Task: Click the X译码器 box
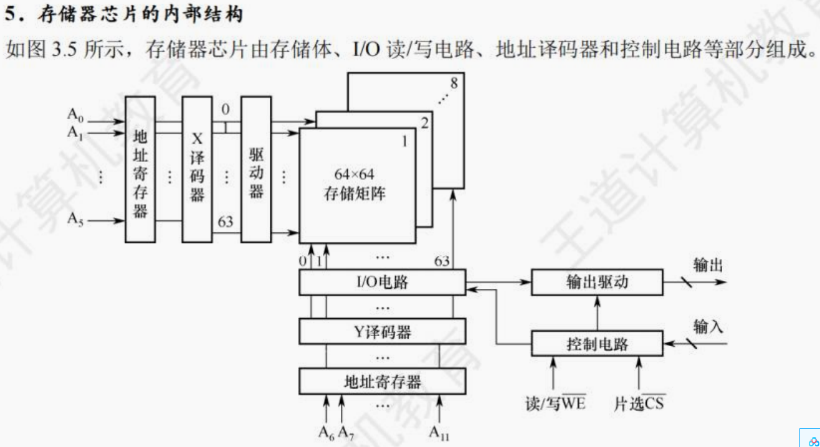coord(198,169)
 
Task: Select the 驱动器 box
coord(256,169)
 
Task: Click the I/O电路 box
coord(382,283)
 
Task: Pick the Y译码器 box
coord(382,332)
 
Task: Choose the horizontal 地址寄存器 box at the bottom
coord(382,381)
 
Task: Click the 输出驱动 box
coord(597,283)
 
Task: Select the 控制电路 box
coord(597,344)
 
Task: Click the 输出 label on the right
coord(708,266)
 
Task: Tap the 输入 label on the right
coord(708,327)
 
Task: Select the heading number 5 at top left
coord(9,13)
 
